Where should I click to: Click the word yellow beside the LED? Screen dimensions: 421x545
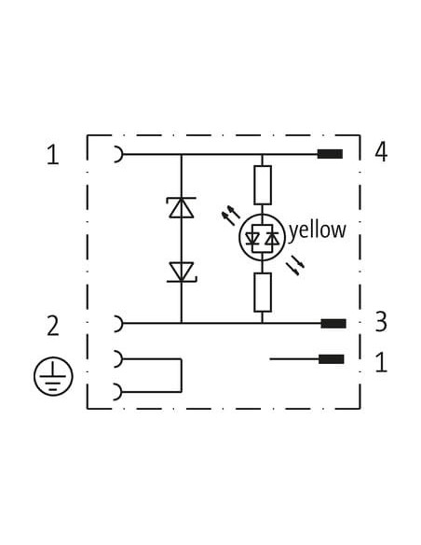pos(318,231)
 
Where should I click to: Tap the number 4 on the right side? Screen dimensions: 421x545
pos(381,152)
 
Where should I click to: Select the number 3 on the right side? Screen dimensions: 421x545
pos(381,322)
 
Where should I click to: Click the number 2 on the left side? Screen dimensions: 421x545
pos(53,326)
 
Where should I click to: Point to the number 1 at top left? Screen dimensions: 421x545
pos(53,155)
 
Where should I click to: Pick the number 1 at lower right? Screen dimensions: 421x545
pos(381,362)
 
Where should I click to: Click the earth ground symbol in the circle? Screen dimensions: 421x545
pos(53,376)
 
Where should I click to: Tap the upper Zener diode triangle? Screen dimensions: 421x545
pos(182,207)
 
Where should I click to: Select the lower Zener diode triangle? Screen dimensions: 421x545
pos(182,272)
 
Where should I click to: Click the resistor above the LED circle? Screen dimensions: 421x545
pos(263,185)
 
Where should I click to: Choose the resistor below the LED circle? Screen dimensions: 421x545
pos(263,292)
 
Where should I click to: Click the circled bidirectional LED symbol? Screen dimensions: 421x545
pos(262,237)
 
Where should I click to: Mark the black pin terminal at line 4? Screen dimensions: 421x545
pos(330,154)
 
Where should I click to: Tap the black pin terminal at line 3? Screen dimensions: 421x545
pos(333,324)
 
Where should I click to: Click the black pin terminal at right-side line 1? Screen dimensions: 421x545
pos(332,359)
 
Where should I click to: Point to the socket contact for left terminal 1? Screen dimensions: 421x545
pos(119,154)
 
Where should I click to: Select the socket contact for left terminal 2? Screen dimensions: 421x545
pos(119,324)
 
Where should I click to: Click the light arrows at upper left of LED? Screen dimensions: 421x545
pos(230,216)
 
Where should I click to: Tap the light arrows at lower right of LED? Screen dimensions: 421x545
pos(295,265)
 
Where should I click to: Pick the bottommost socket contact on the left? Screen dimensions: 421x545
pos(119,392)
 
